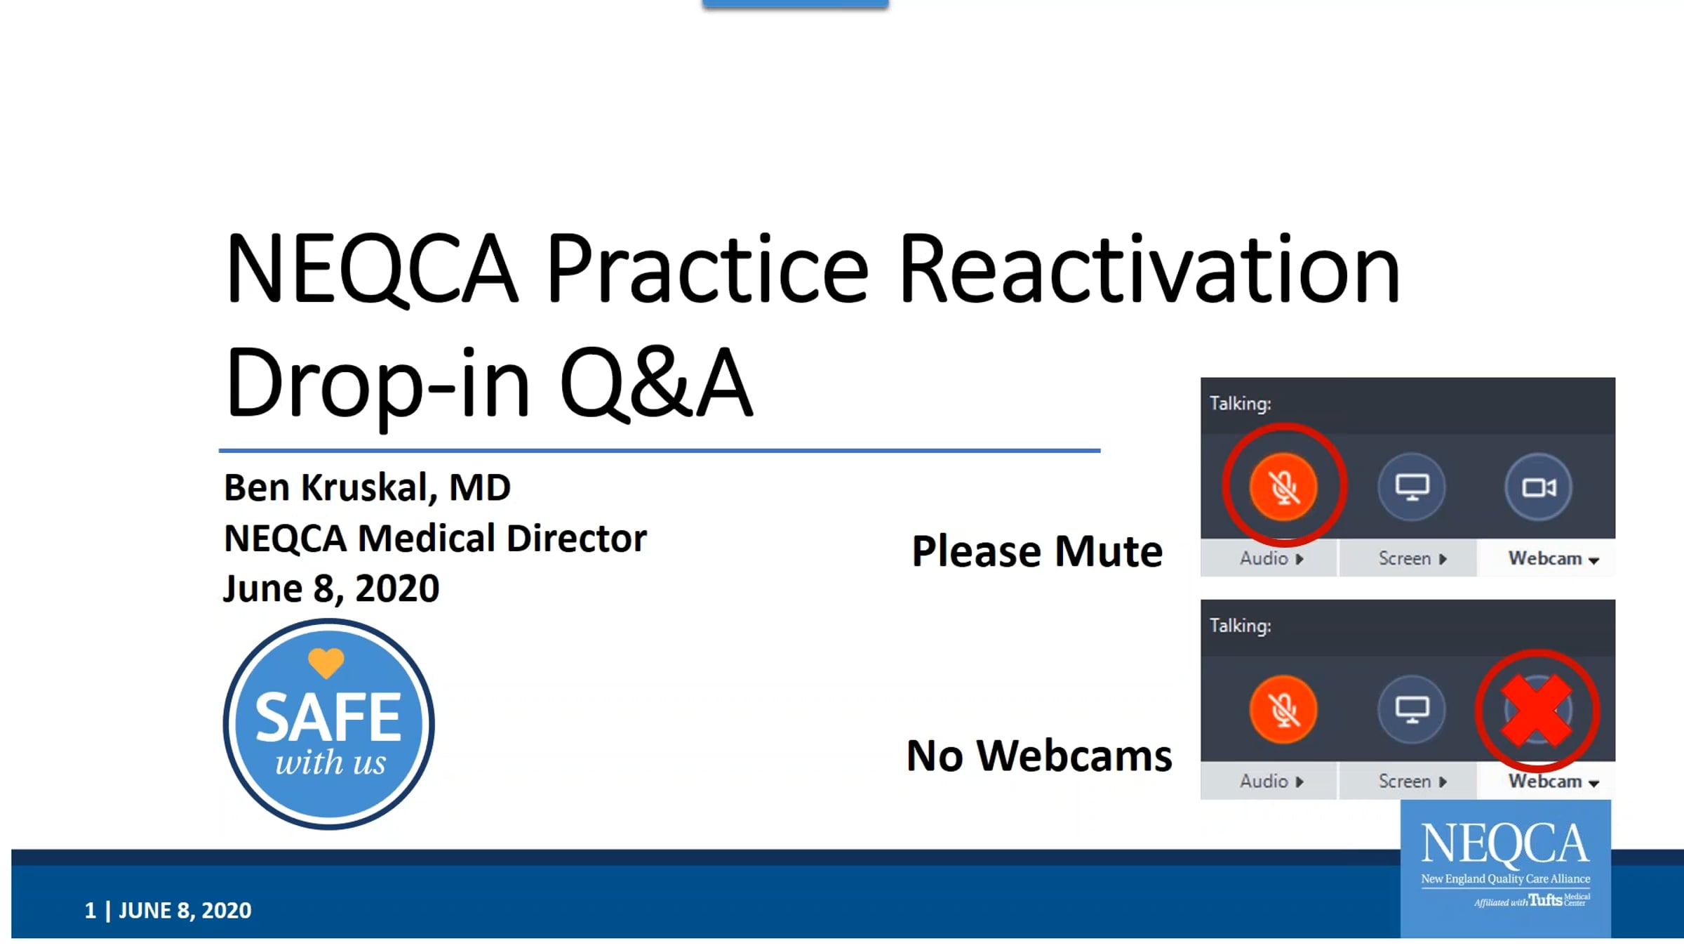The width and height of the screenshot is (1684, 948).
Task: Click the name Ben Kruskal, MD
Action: click(x=367, y=487)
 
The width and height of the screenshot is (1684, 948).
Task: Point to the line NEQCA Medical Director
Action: click(x=435, y=539)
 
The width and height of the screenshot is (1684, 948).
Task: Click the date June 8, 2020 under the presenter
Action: click(x=331, y=588)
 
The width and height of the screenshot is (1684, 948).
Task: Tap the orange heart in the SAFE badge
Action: click(x=326, y=662)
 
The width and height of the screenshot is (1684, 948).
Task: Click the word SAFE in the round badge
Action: click(x=328, y=717)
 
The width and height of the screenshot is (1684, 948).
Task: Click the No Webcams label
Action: click(x=1039, y=756)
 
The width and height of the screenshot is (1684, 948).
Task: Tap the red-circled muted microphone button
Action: click(x=1283, y=487)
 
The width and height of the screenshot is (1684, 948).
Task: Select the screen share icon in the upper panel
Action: click(x=1412, y=487)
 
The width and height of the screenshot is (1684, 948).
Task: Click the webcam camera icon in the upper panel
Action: click(x=1538, y=487)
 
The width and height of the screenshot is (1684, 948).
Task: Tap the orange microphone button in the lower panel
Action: click(x=1283, y=709)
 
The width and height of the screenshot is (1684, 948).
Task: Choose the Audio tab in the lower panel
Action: click(x=1269, y=781)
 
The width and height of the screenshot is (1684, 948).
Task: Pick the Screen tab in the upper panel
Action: click(x=1410, y=558)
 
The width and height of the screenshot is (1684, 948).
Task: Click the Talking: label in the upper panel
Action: click(x=1241, y=404)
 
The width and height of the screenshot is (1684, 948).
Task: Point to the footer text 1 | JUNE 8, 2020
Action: click(x=168, y=910)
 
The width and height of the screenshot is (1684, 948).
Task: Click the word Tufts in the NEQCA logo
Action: click(x=1546, y=900)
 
